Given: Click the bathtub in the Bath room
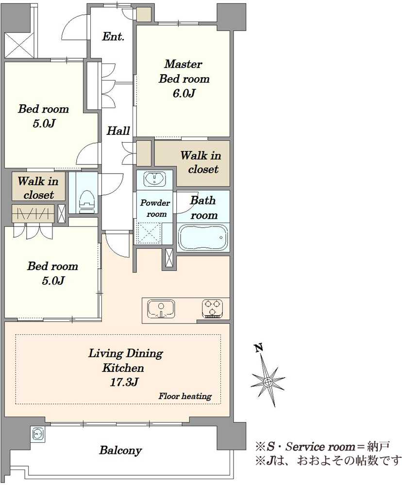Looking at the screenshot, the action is (203, 237).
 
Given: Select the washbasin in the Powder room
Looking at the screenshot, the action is (155, 179).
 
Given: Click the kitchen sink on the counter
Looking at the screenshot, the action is (161, 308).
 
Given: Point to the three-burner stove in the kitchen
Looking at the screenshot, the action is (213, 308).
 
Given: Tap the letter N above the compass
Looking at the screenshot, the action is (259, 348).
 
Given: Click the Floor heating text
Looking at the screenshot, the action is (185, 396).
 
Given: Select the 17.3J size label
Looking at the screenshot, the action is (124, 382).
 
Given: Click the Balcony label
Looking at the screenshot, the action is (120, 451).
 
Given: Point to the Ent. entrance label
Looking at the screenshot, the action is (113, 36).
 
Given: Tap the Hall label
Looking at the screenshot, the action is (118, 130).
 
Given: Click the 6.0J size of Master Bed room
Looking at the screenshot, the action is (184, 93).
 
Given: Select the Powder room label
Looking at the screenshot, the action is (155, 208).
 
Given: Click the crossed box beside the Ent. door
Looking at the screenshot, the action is (19, 45).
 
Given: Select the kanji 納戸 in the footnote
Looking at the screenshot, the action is (378, 446).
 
